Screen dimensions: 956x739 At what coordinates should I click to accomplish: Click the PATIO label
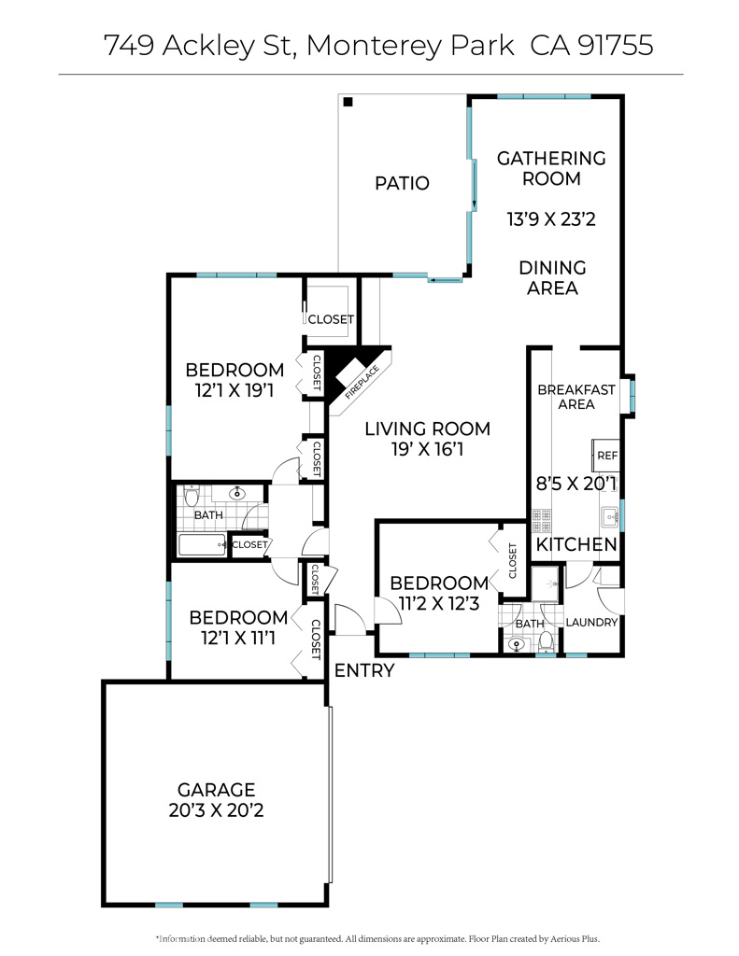coord(402,183)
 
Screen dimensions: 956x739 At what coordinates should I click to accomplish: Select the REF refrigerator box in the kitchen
coord(606,456)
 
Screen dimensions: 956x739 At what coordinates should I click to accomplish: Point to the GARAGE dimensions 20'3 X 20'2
coord(216,810)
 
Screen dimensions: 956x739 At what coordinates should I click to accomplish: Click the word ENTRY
coord(363,670)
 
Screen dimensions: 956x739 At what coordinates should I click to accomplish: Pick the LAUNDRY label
coord(591,623)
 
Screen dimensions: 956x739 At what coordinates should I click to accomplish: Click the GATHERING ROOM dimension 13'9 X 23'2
coord(550,220)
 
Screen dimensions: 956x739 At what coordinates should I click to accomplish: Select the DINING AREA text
coord(552,278)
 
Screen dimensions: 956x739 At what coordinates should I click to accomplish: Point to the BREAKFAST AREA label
coord(576,397)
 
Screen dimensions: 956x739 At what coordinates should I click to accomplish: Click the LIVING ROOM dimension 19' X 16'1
coord(427,449)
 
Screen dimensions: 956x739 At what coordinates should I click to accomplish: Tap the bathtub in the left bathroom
coord(202,545)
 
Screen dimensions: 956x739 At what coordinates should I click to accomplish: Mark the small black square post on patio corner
coord(347,102)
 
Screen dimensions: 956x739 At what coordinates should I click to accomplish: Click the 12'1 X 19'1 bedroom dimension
coord(234,390)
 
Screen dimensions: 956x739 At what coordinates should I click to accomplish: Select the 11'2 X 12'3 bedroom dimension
coord(438,603)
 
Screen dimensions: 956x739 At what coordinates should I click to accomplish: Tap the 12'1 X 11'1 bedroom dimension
coord(237,639)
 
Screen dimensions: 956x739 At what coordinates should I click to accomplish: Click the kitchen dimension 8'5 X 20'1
coord(576,484)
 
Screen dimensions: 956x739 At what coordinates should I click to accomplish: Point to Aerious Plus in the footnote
coord(574,938)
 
